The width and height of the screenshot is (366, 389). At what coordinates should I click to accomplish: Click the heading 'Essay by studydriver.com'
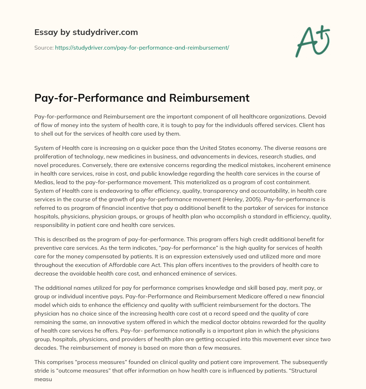click(x=86, y=32)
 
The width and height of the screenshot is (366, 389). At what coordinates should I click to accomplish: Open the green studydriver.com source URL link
click(x=142, y=47)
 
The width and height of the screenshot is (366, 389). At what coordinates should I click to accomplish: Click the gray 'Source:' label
click(x=44, y=47)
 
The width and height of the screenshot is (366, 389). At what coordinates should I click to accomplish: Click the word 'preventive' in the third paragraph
click(x=50, y=248)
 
